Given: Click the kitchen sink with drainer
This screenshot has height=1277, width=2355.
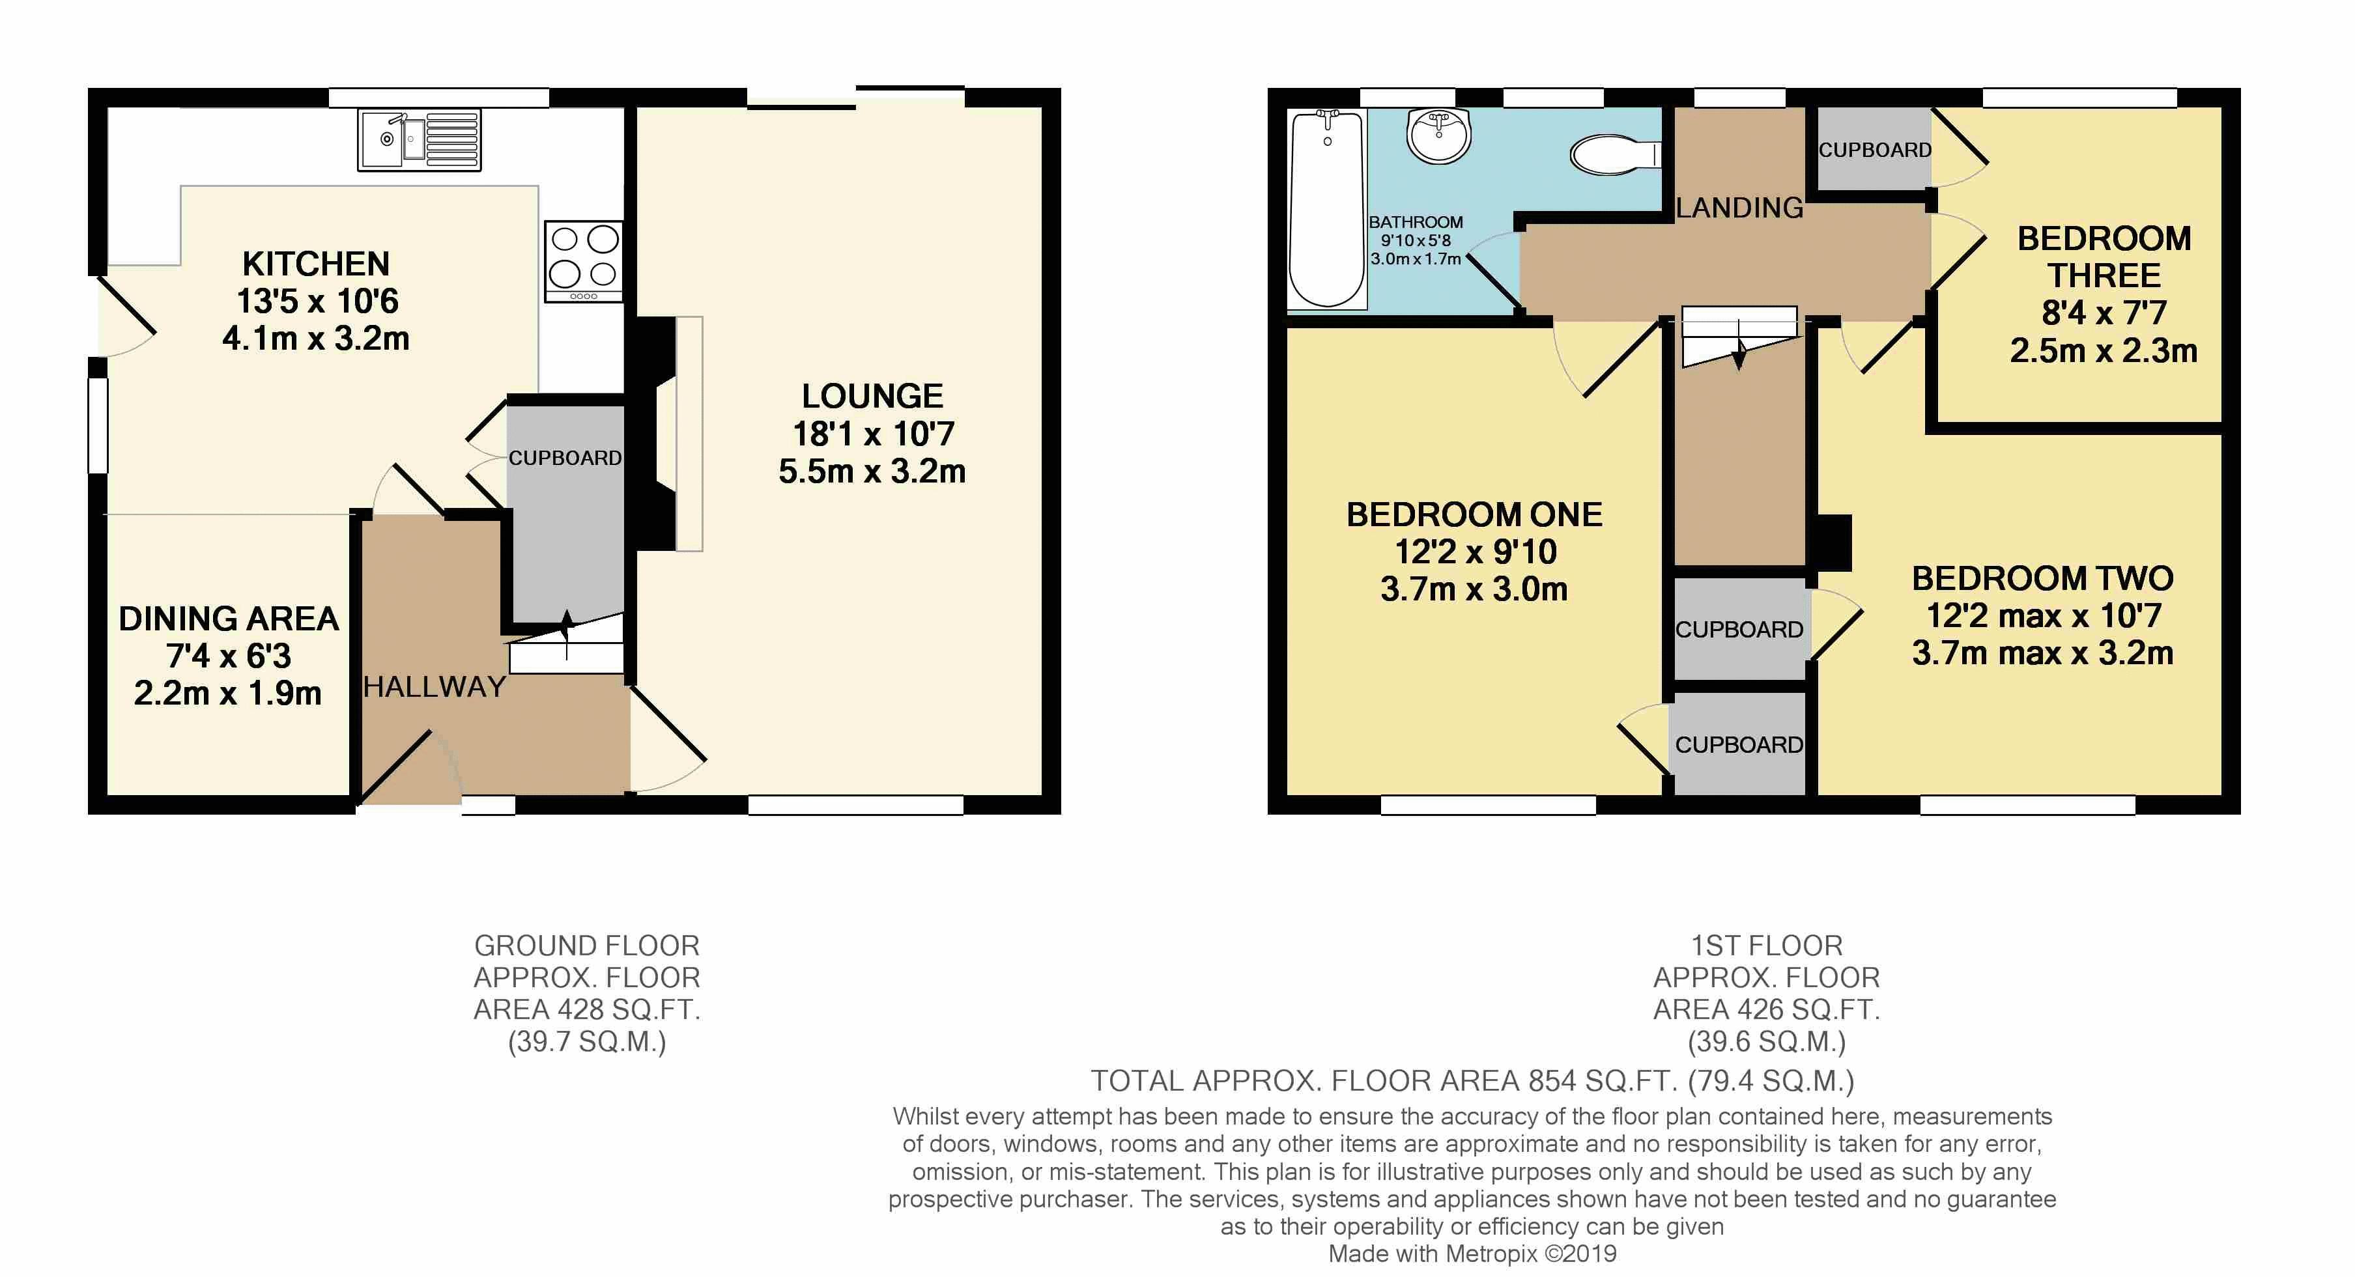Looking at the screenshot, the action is (420, 140).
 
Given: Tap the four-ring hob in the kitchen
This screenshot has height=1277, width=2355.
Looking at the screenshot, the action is (583, 261).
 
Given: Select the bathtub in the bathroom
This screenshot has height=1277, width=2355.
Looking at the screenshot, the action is (1326, 208).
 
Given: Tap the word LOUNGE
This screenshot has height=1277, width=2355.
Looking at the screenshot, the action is (872, 396).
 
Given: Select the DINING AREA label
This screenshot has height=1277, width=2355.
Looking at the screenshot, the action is (229, 619).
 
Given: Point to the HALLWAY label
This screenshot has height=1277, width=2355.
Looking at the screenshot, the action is (435, 686).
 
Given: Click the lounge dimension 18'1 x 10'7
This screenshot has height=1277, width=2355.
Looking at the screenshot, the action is (873, 433).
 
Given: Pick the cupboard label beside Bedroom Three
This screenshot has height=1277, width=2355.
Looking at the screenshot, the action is (1874, 150).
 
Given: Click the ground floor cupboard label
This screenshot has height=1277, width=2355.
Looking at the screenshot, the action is (565, 458).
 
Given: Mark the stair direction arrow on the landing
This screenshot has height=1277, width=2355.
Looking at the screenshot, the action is (1739, 352).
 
